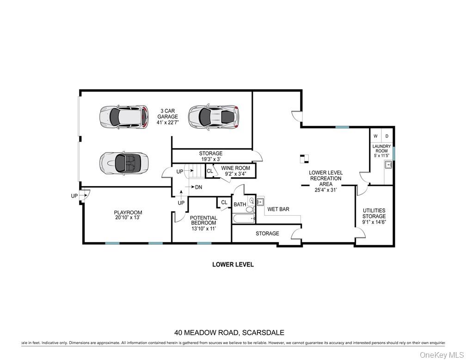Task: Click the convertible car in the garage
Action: coord(123,162)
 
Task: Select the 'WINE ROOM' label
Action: coord(235,168)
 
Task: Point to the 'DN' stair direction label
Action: coord(198,187)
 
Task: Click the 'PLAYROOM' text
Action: coord(128,213)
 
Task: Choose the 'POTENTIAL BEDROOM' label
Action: coord(203,220)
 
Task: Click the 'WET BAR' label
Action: coord(278,209)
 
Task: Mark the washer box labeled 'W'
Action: coord(375,136)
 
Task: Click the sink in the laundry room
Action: coord(388,165)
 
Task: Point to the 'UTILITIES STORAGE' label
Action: coord(374,213)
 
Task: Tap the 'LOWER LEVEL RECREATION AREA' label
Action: coord(326,178)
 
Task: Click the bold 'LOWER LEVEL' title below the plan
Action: coord(233,265)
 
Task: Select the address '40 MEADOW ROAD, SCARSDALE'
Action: coord(229,332)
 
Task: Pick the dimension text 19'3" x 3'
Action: coord(210,159)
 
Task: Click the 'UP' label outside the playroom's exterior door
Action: coord(74,196)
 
